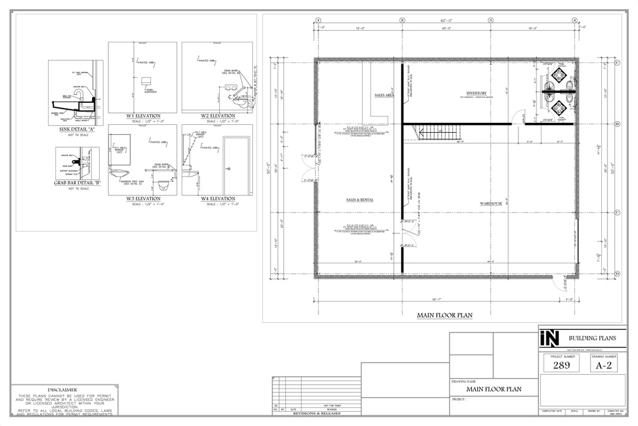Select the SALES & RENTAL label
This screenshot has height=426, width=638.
click(x=359, y=200)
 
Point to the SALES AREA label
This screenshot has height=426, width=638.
click(x=384, y=95)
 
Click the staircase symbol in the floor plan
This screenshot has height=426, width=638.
click(x=440, y=132)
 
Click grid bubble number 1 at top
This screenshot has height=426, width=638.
click(x=318, y=20)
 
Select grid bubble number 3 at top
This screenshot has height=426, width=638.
click(x=490, y=20)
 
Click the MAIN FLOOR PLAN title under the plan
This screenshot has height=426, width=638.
click(x=444, y=316)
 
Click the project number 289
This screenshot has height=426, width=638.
click(x=561, y=366)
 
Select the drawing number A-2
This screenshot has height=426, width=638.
click(x=604, y=366)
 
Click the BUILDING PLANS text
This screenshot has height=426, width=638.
click(x=592, y=337)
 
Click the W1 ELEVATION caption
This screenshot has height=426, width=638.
click(x=143, y=116)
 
